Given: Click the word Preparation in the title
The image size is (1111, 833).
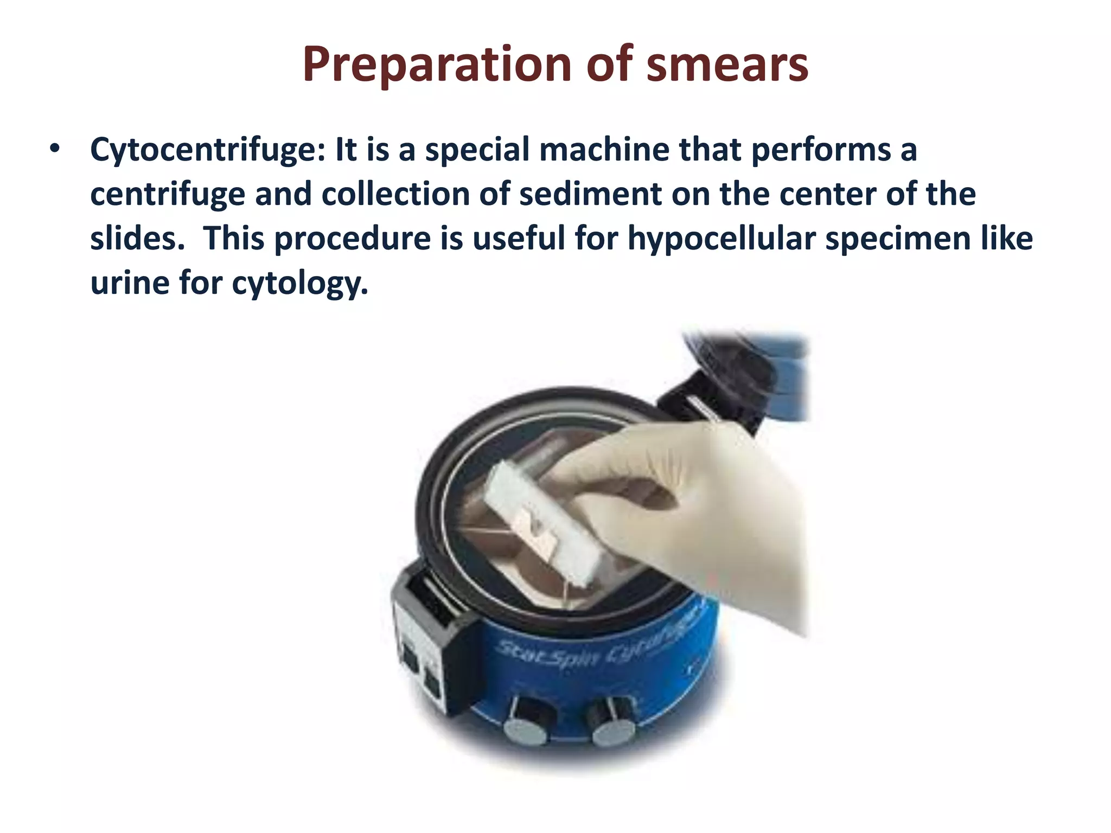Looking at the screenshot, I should (x=437, y=65).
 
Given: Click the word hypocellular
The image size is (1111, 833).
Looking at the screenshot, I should (x=721, y=239).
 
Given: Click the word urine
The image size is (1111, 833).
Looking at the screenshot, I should (x=130, y=283).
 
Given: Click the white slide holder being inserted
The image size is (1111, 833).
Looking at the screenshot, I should (x=542, y=521).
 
